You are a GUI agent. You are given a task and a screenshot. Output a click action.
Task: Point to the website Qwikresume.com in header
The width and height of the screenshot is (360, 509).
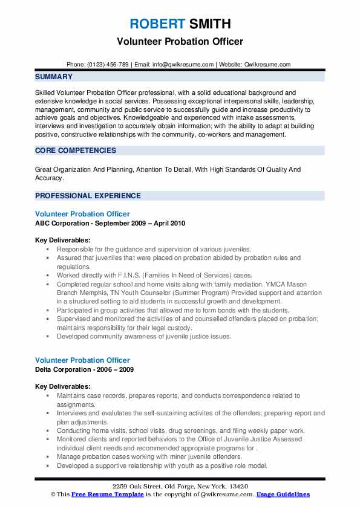click(x=268, y=65)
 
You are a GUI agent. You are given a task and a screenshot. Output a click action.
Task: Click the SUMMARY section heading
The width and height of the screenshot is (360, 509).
click(x=54, y=77)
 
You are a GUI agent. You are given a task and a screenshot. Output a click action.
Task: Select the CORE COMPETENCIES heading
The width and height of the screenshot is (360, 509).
click(x=76, y=151)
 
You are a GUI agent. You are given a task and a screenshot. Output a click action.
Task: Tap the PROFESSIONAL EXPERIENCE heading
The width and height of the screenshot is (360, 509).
click(x=88, y=196)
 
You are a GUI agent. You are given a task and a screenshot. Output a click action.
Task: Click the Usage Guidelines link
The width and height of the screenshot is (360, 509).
click(x=283, y=494)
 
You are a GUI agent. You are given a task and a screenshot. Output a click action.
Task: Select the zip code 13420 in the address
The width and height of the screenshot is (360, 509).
click(x=237, y=486)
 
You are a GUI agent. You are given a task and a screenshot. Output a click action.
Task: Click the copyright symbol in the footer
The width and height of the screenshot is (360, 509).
click(x=53, y=494)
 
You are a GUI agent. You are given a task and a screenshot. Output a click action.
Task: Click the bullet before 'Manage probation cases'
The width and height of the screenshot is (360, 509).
click(x=48, y=458)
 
